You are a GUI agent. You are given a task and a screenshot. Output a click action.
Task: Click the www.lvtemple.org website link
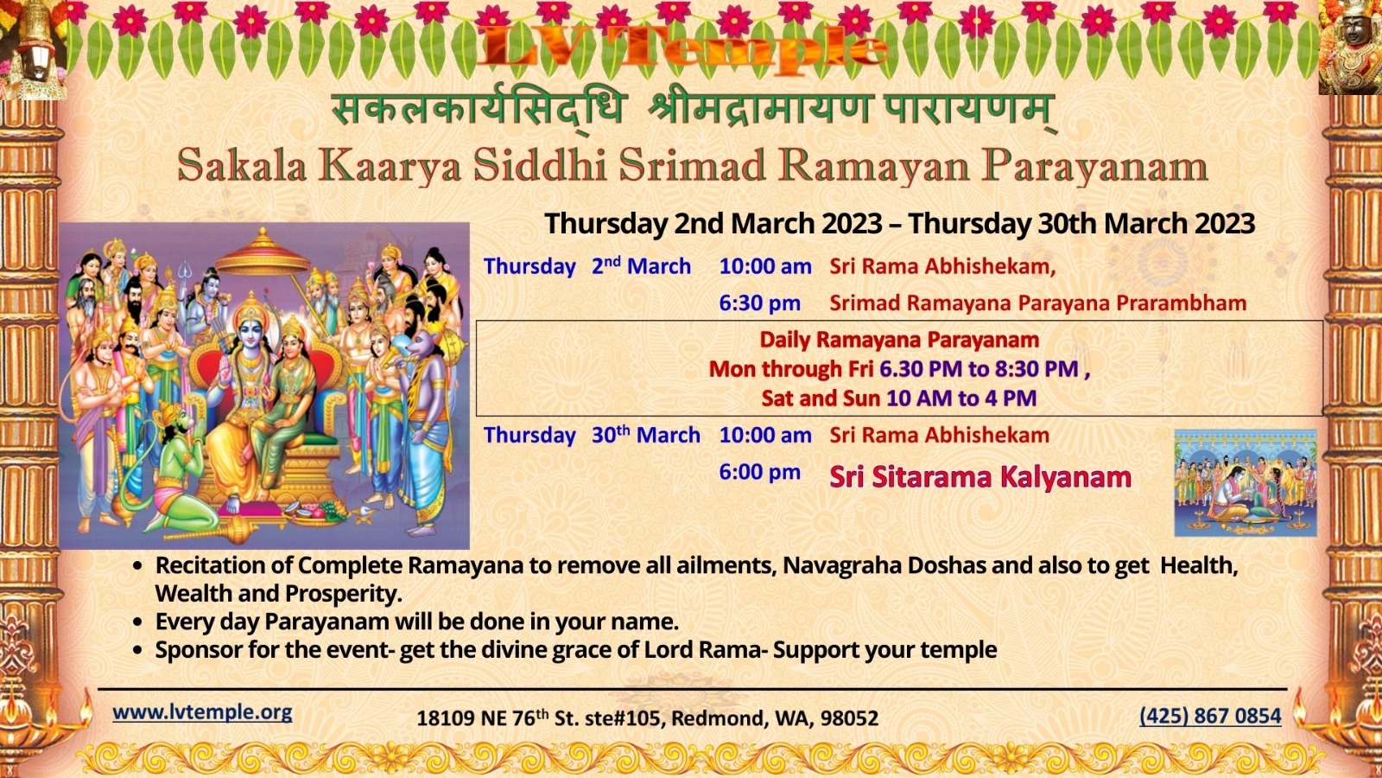[x=202, y=712]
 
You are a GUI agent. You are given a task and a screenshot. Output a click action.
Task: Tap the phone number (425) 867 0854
[x=1210, y=716]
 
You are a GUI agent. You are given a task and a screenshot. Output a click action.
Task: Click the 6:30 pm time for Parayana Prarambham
[x=760, y=303]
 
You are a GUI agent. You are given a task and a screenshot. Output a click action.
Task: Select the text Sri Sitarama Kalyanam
[x=980, y=476]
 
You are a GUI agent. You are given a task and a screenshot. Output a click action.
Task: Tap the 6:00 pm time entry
[x=760, y=472]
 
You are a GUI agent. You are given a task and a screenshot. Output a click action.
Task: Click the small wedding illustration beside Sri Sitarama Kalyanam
[x=1245, y=482]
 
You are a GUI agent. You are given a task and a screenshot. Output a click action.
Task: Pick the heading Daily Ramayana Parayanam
[x=899, y=340]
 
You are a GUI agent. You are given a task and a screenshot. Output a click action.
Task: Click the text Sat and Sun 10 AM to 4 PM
[x=899, y=399]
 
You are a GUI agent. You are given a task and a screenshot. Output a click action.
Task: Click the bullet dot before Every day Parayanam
[x=138, y=622]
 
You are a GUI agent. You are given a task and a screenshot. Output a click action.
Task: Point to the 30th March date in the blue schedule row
[x=646, y=435]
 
